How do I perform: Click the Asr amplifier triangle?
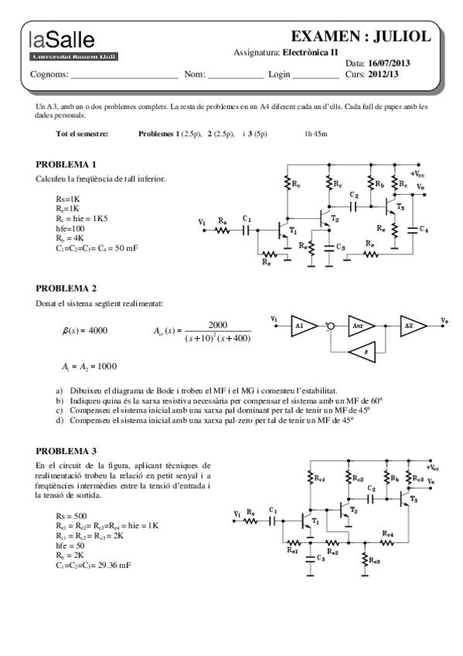coord(360,326)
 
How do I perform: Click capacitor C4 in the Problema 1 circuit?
coord(417,229)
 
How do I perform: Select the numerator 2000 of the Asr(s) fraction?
coord(218,325)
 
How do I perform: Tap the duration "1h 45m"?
coord(315,134)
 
